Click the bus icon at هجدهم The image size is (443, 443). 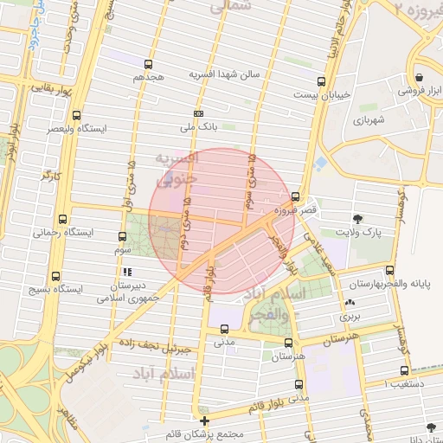[x=149, y=64]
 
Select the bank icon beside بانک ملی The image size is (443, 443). [x=198, y=113]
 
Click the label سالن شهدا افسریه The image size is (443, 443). [x=236, y=75]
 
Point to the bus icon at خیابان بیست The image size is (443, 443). [x=321, y=83]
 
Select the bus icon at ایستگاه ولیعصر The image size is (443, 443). [x=77, y=115]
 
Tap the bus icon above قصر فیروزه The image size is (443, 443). [x=296, y=196]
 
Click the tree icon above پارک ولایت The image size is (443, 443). [x=359, y=219]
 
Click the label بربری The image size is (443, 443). [x=349, y=317]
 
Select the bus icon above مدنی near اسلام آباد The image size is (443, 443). [x=224, y=329]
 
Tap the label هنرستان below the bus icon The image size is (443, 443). [x=289, y=356]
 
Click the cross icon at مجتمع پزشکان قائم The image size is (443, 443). [x=204, y=421]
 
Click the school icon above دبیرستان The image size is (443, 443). [x=128, y=272]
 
